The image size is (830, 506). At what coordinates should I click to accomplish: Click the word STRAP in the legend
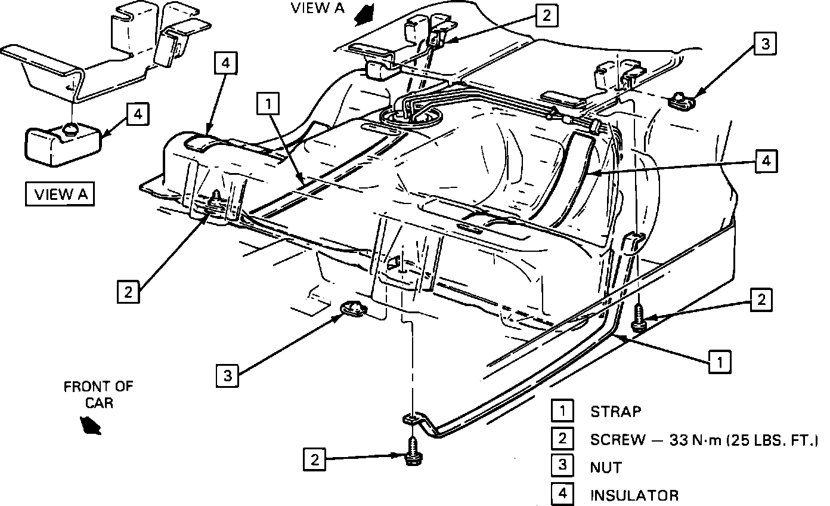(616, 411)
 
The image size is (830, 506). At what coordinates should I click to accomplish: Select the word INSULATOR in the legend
(634, 495)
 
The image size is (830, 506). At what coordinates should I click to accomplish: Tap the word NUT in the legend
(605, 467)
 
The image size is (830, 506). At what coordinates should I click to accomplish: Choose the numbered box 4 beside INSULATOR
(562, 494)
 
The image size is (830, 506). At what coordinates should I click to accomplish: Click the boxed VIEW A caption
(60, 195)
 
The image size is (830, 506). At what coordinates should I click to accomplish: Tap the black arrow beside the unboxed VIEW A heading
(364, 14)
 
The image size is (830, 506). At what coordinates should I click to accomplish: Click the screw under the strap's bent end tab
(411, 451)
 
